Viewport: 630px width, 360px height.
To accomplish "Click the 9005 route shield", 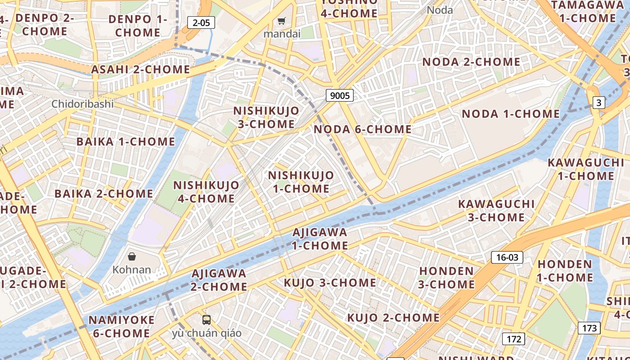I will (x=339, y=95).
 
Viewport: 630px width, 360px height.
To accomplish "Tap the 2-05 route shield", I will (x=201, y=22).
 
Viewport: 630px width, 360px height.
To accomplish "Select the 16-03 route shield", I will (x=507, y=257).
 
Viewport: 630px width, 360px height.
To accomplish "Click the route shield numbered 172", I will (x=513, y=338).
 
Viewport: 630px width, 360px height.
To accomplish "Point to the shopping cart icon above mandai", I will (x=282, y=21).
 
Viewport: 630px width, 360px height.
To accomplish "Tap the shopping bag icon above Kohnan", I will (x=132, y=256).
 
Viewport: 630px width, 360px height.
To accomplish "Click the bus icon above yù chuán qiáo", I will (x=207, y=320).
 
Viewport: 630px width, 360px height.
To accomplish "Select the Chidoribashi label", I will (x=82, y=104).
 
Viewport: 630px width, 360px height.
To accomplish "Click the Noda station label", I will (x=440, y=10).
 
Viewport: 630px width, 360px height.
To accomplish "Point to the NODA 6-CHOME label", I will (x=363, y=130).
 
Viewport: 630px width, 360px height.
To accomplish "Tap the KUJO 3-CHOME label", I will (x=330, y=283).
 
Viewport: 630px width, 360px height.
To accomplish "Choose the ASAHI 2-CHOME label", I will (x=141, y=70).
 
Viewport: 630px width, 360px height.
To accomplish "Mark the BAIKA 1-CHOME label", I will (x=126, y=142).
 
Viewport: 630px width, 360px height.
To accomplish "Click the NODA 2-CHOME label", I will (x=471, y=62).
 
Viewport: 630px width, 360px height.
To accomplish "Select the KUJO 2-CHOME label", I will (x=393, y=318).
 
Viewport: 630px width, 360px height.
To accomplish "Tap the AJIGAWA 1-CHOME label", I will (x=320, y=239).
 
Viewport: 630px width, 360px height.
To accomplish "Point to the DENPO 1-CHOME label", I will (x=138, y=26).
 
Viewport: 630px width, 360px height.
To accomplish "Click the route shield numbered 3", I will (x=598, y=103).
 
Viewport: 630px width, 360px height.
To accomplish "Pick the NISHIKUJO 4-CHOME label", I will (x=207, y=192).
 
